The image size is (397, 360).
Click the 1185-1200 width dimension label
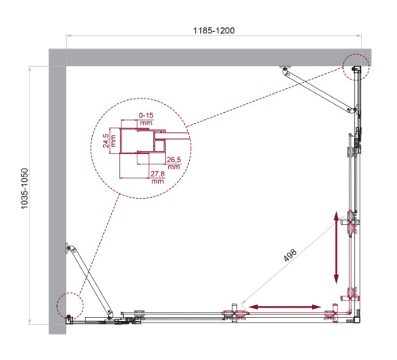coord(213,29)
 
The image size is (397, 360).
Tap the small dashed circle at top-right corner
coord(356,66)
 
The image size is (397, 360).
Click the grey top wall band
coord(206,56)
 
